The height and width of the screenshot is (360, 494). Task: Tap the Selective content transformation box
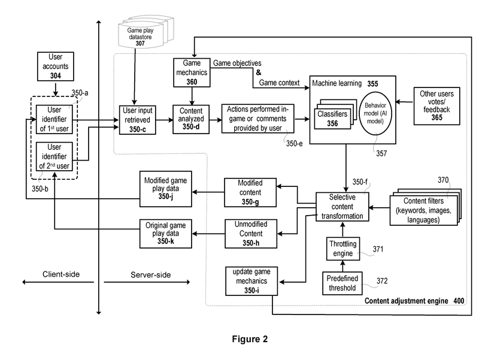pyautogui.click(x=342, y=207)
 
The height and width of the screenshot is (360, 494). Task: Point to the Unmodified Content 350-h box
pyautogui.click(x=250, y=232)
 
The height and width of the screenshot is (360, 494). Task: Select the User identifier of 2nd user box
pyautogui.click(x=54, y=157)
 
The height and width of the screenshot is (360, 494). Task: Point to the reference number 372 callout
pyautogui.click(x=382, y=280)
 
